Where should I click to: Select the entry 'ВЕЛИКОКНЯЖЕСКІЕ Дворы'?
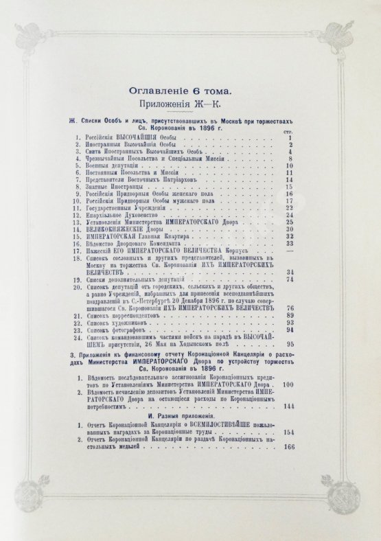(125, 229)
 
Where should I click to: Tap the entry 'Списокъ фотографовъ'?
(124, 329)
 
